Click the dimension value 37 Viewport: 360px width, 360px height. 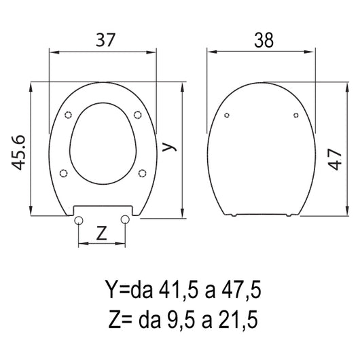point(105,40)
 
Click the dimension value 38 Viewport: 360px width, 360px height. point(264,40)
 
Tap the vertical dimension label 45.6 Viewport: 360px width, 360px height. point(18,152)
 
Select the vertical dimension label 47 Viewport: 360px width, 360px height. point(335,159)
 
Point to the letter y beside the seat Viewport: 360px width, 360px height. point(169,147)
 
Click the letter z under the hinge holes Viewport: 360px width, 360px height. point(101,233)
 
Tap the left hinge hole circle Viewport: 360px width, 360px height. point(79,220)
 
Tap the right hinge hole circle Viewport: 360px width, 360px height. point(125,219)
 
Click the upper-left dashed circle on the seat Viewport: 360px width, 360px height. point(68,115)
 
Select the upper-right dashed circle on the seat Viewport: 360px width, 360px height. point(137,115)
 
